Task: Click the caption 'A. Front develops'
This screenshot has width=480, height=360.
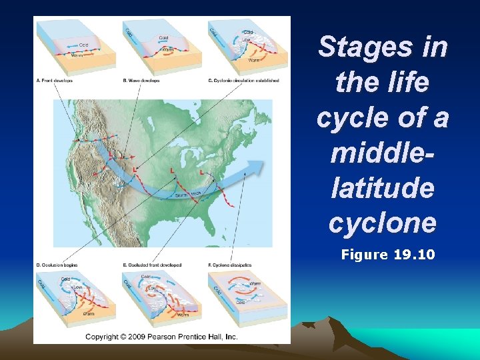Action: pos(55,81)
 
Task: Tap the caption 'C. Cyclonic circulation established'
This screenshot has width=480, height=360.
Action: pos(243,81)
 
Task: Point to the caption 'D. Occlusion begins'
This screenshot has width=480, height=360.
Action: pos(57,265)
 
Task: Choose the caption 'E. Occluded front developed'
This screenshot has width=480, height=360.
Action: pos(153,265)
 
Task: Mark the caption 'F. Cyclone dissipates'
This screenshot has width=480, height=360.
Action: pos(230,265)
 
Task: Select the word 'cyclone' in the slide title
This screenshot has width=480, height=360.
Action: pos(382,222)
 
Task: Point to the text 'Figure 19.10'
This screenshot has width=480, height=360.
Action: pos(387,254)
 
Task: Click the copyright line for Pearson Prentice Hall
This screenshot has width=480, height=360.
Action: pos(162,337)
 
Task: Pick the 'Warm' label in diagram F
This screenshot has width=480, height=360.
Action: pos(254,283)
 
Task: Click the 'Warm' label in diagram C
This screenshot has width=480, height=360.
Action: pos(254,60)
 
